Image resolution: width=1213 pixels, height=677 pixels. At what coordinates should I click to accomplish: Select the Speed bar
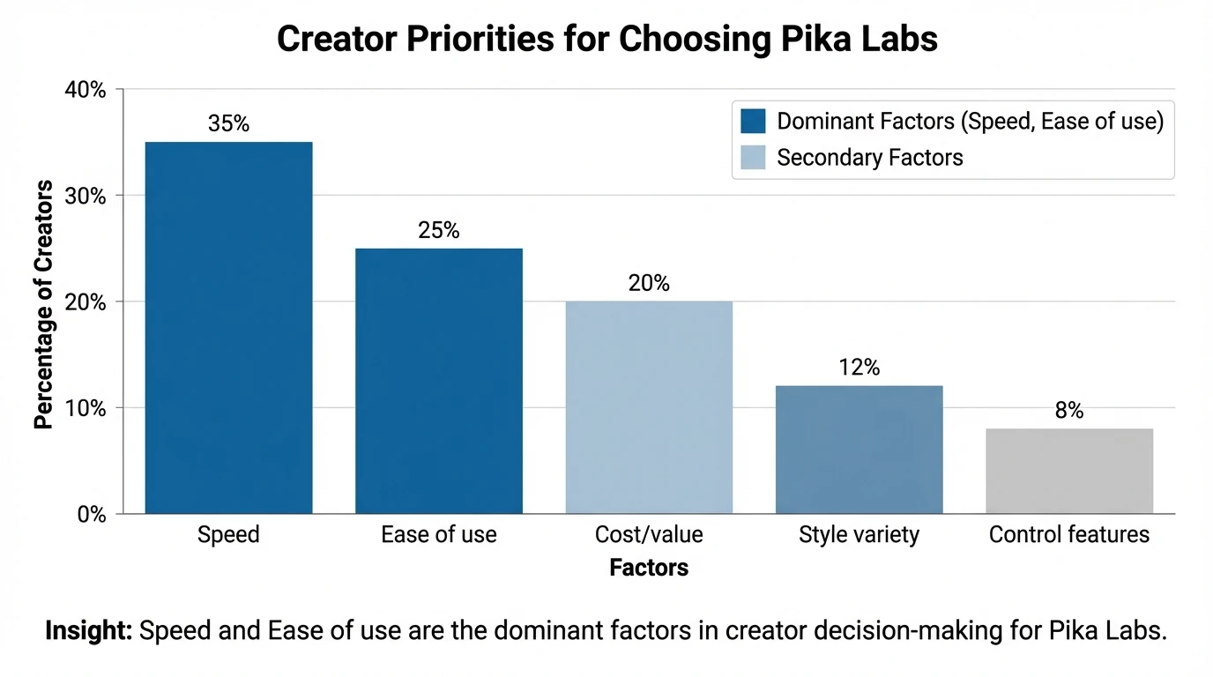point(228,327)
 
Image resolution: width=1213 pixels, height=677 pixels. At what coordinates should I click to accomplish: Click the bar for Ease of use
point(438,380)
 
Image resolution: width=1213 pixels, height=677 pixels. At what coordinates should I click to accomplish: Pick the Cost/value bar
point(649,406)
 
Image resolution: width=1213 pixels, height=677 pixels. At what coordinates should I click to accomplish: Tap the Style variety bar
point(859,449)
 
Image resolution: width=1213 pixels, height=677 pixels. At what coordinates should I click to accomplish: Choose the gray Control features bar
point(1068,470)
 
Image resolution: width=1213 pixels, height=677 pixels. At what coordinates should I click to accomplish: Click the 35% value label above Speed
point(228,124)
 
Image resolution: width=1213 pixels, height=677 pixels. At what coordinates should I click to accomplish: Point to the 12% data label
point(859,368)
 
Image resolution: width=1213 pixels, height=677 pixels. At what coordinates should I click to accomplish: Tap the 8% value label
point(1068,411)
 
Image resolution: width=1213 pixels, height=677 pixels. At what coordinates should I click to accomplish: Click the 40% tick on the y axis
point(86,90)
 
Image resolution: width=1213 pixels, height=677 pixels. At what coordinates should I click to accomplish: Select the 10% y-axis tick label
point(86,408)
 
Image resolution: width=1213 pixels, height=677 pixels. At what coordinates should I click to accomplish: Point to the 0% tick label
point(91,514)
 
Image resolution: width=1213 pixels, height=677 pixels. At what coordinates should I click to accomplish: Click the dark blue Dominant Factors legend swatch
point(754,121)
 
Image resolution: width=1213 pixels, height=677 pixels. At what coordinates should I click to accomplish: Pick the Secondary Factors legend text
point(869,158)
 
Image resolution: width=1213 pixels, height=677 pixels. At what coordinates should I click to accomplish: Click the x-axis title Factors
point(649,568)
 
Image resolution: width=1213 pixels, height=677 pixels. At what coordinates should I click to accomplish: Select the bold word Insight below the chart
point(88,631)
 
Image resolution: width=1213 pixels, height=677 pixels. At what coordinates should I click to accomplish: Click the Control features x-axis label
point(1068,534)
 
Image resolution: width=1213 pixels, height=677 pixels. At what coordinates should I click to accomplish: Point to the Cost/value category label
point(649,534)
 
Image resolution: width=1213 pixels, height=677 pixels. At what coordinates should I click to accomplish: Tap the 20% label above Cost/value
point(649,283)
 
